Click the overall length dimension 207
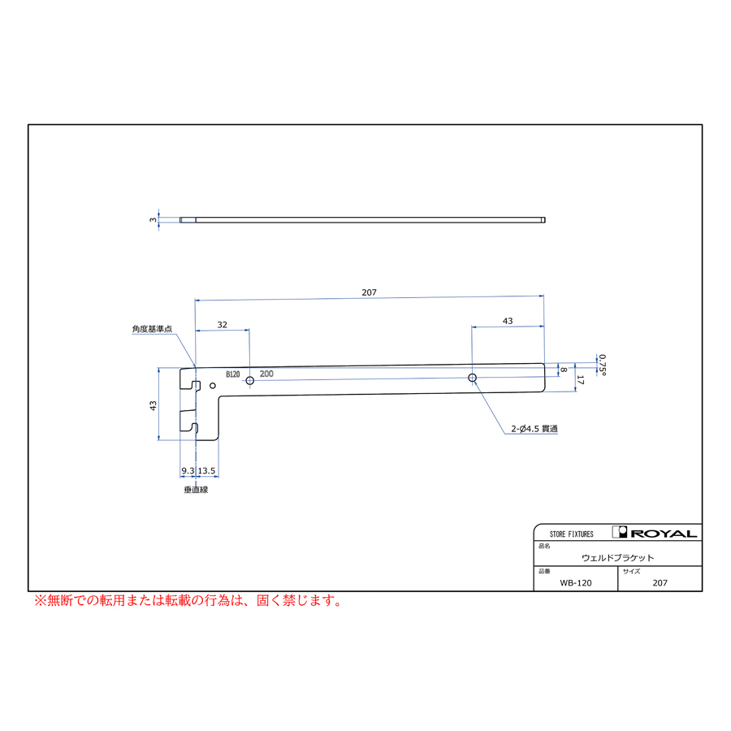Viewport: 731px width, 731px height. pyautogui.click(x=369, y=292)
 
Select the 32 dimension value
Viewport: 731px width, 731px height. pyautogui.click(x=223, y=325)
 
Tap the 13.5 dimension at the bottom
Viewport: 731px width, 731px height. pyautogui.click(x=206, y=471)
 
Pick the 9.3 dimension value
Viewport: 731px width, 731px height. pyautogui.click(x=188, y=471)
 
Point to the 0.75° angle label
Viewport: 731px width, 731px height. pyautogui.click(x=603, y=365)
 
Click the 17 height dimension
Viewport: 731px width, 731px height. pyautogui.click(x=580, y=380)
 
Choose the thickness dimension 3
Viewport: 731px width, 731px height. pyautogui.click(x=153, y=219)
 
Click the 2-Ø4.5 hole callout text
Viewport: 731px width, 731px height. pyautogui.click(x=534, y=428)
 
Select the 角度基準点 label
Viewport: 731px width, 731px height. pyautogui.click(x=152, y=329)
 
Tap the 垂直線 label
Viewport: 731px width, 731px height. pyautogui.click(x=196, y=490)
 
